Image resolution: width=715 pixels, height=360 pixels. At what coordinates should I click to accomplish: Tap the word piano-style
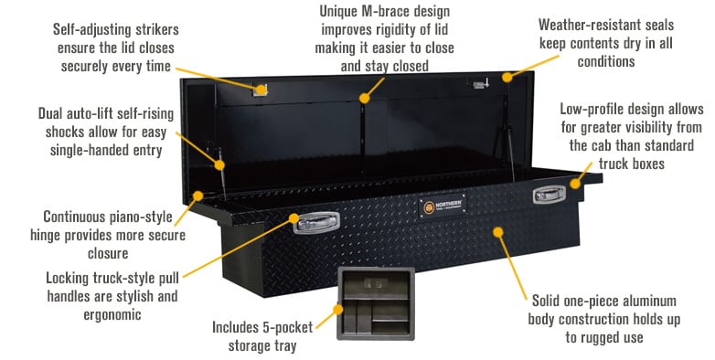pos(141,217)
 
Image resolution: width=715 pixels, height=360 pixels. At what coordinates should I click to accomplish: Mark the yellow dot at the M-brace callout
pos(366,95)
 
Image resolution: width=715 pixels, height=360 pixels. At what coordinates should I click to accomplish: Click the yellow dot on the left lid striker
pos(261,90)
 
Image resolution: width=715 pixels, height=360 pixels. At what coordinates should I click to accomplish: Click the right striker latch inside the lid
pos(478,85)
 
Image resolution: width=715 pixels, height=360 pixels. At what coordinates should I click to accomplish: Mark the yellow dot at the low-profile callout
pos(575,184)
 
